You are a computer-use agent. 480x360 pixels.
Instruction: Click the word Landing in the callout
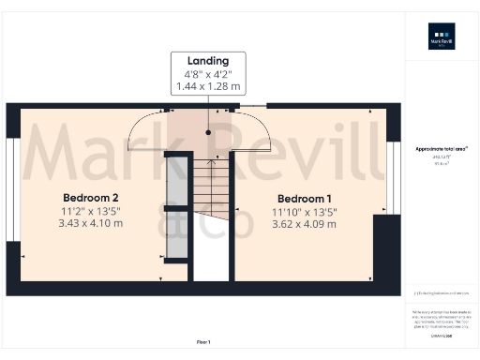click(207, 60)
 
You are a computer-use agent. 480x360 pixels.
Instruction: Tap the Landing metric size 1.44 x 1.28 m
click(207, 86)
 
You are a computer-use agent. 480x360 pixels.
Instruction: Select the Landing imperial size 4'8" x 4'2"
click(207, 73)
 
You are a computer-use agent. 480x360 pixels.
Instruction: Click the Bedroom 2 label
click(90, 198)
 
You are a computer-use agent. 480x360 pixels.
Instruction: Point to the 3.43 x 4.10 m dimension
click(90, 224)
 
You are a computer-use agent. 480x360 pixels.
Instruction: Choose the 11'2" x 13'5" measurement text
click(90, 211)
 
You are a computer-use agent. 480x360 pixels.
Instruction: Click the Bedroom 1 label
click(305, 199)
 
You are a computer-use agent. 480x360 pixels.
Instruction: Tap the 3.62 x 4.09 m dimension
click(305, 225)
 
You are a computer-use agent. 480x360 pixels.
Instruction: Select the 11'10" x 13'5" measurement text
click(305, 212)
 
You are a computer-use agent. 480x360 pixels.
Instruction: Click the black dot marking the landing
click(208, 132)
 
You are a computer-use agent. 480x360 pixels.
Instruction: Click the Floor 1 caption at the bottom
click(202, 341)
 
